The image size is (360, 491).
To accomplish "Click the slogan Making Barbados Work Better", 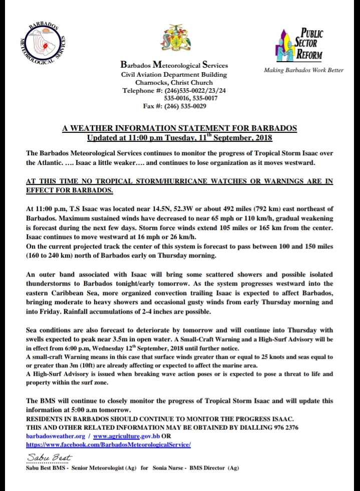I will (x=303, y=70).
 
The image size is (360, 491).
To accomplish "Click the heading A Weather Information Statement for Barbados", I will (x=179, y=128).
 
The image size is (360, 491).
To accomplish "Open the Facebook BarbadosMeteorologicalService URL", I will (x=108, y=444).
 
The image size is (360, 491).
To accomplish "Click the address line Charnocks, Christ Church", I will (x=174, y=82).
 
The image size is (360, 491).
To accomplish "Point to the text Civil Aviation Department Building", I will (x=174, y=74).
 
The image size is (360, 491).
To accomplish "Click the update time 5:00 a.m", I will (x=79, y=410).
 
